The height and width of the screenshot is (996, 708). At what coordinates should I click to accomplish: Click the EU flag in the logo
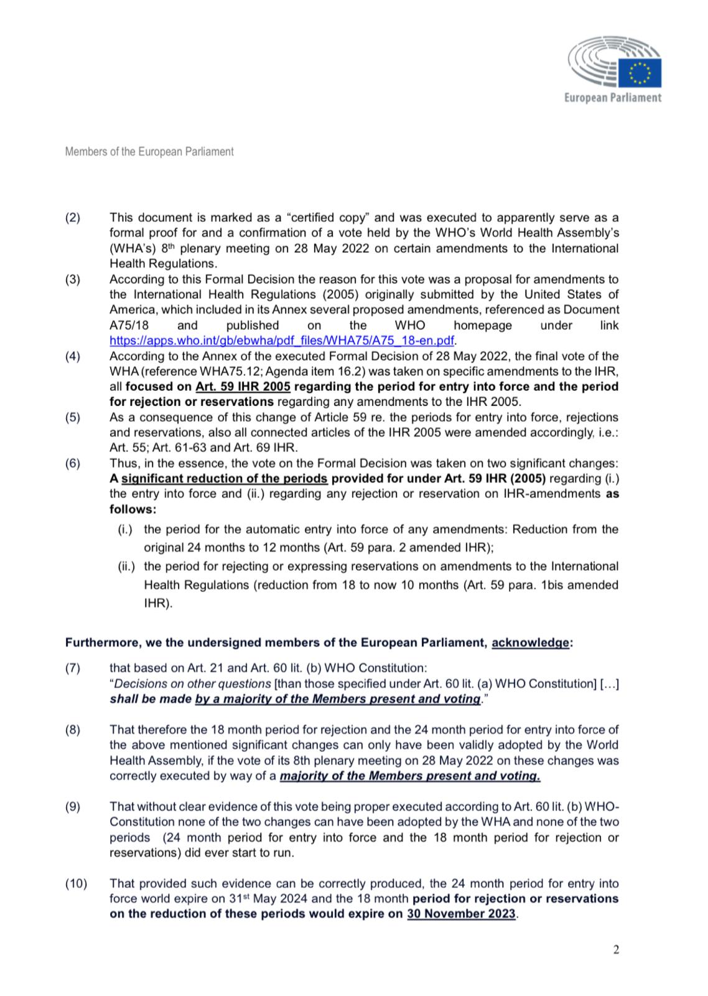[x=640, y=73]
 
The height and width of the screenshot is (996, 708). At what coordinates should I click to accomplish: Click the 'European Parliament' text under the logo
[x=613, y=98]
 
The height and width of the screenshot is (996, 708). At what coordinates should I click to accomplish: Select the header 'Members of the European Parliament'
[x=149, y=151]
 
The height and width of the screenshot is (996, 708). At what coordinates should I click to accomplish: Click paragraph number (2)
[x=73, y=218]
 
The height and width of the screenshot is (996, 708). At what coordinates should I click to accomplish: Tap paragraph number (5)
[x=73, y=417]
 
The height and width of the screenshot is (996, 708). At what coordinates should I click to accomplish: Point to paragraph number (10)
[x=76, y=883]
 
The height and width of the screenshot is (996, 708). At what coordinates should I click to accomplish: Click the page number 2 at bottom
[x=616, y=950]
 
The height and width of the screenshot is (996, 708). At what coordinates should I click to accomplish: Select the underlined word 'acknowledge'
[x=530, y=642]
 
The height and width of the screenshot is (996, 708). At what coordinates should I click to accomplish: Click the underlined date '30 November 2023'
[x=461, y=914]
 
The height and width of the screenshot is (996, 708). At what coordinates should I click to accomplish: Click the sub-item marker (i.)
[x=128, y=530]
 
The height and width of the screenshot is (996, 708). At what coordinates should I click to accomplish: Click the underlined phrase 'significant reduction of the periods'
[x=224, y=479]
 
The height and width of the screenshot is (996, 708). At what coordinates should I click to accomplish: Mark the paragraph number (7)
[x=73, y=669]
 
